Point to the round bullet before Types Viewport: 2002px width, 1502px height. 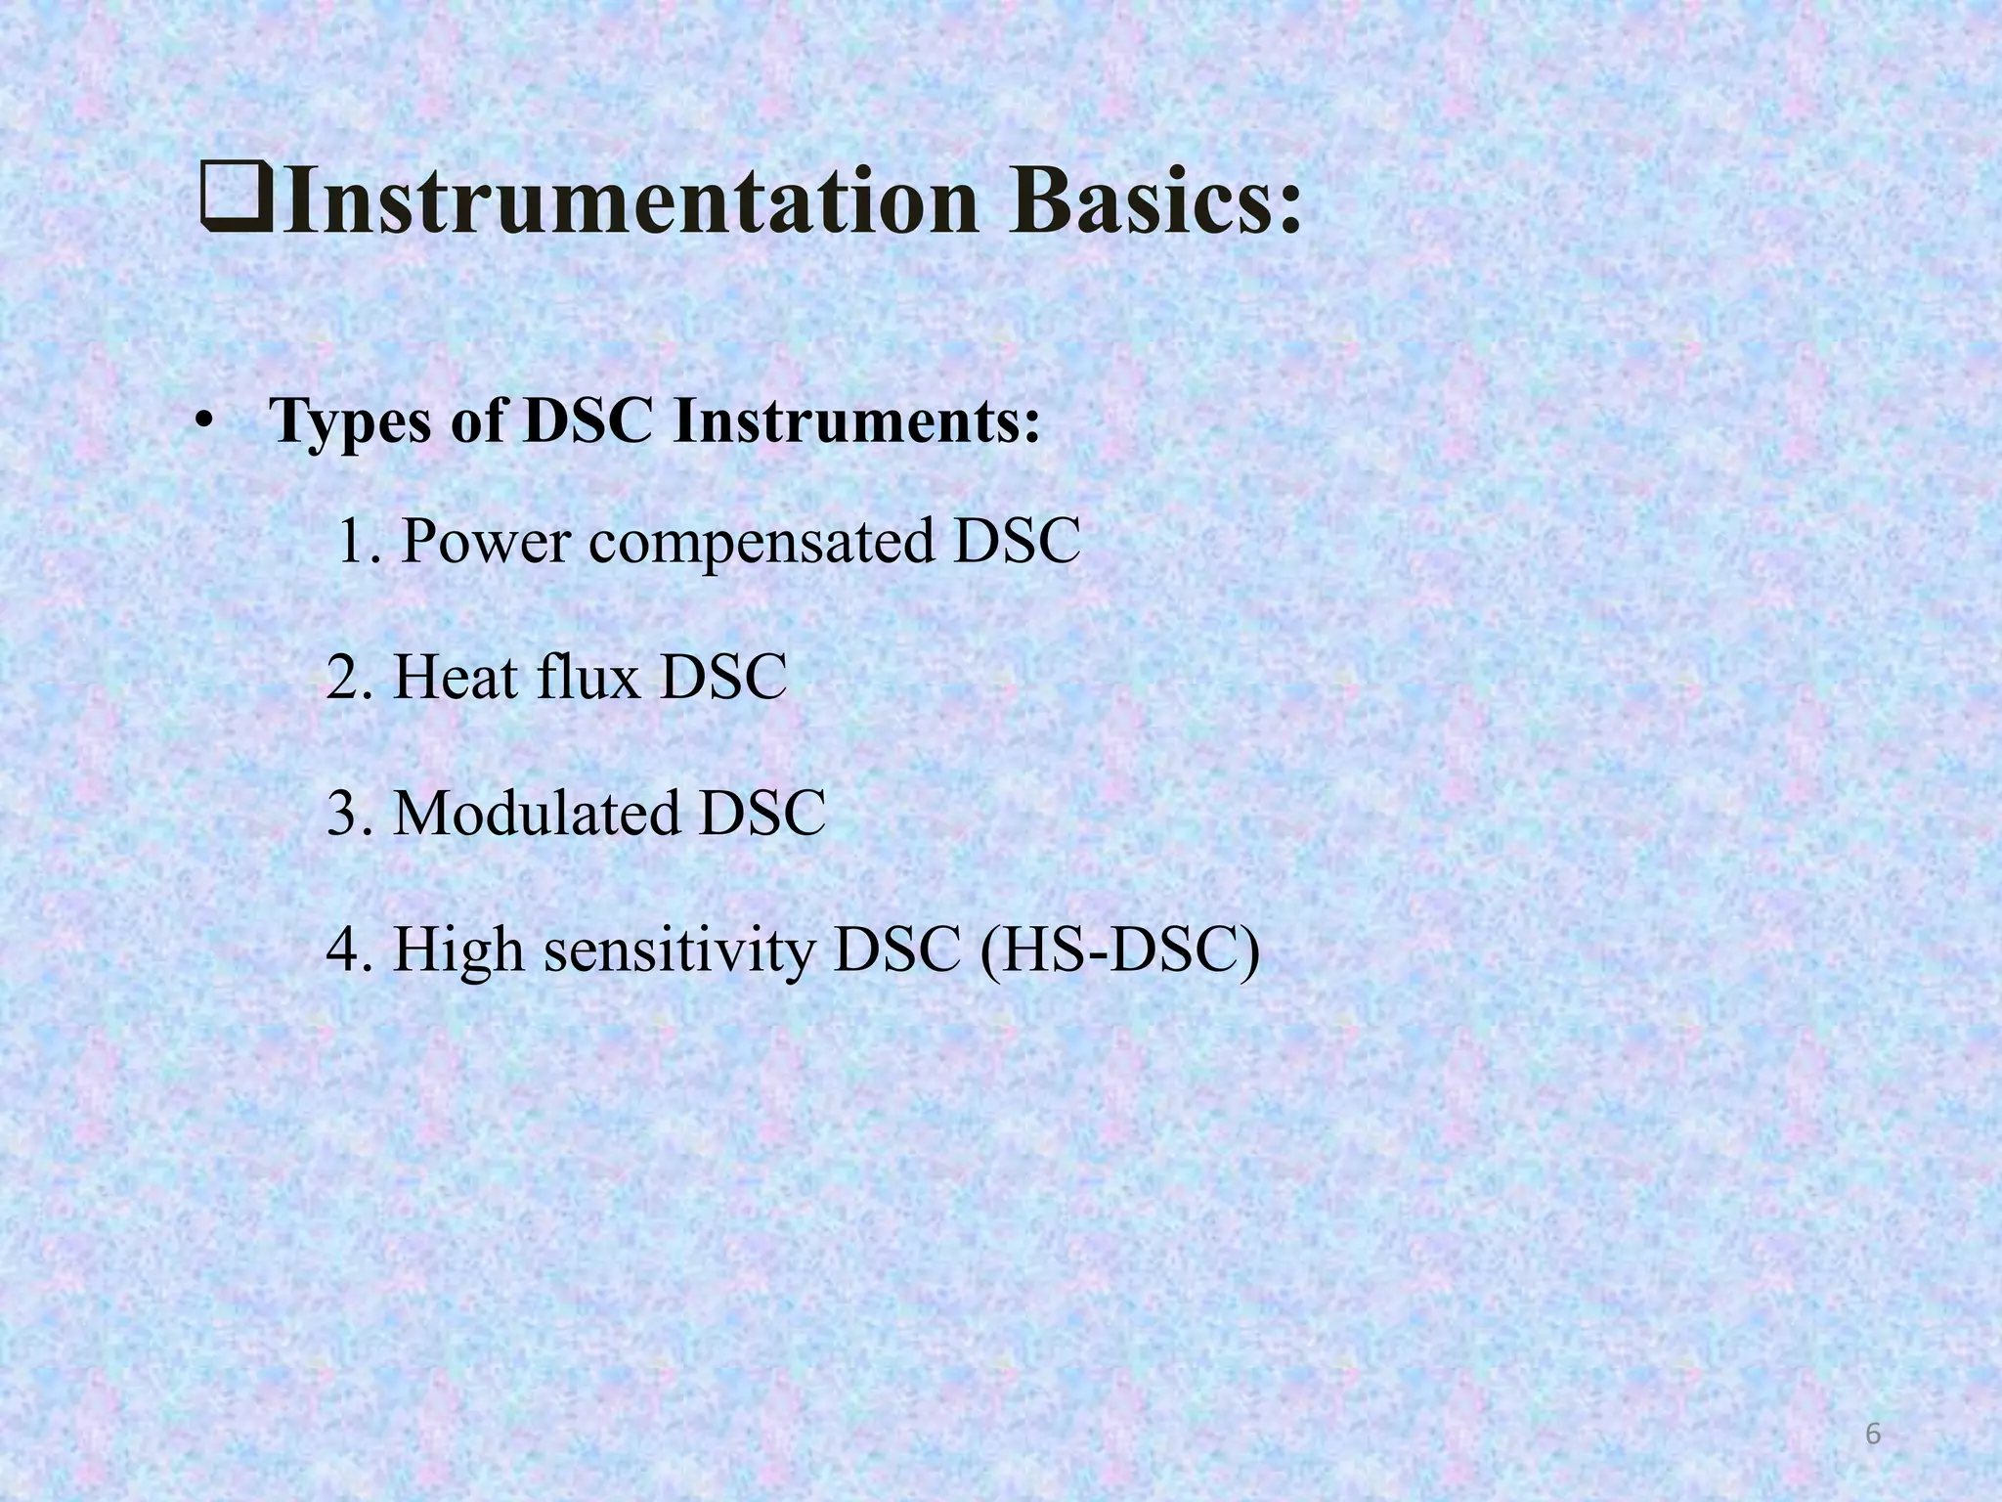203,421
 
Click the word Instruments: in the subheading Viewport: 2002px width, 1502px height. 856,421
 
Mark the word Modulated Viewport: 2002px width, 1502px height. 536,814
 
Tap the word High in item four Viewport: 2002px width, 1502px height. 458,951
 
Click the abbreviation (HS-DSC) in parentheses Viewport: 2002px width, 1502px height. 1118,951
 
